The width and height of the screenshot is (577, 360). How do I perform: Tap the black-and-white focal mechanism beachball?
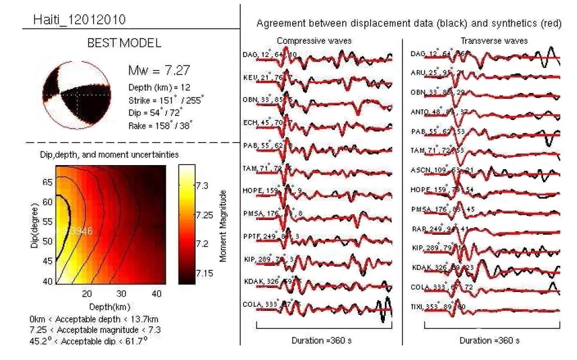pos(76,95)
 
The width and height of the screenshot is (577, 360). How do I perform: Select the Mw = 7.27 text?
pos(159,71)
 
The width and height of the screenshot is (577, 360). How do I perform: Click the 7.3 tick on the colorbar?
pos(203,186)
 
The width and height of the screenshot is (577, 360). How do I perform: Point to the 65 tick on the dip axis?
pos(48,182)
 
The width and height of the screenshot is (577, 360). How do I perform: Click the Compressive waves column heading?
pos(310,42)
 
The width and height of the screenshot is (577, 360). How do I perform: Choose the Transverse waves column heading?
pos(494,41)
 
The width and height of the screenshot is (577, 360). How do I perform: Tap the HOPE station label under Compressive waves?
pos(254,190)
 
